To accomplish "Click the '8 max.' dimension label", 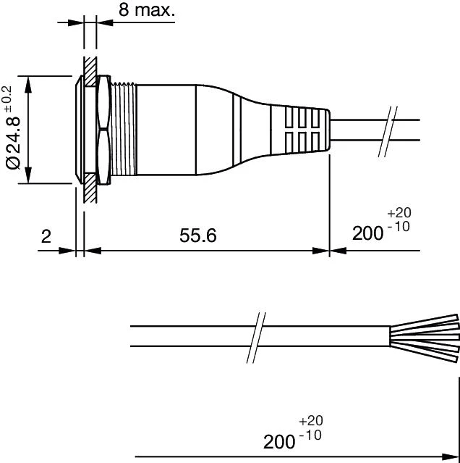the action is point(147,9).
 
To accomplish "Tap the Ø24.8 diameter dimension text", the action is point(13,143).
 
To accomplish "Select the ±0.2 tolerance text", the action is point(7,99).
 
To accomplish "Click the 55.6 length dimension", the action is point(198,235).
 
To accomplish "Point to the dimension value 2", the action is point(46,236).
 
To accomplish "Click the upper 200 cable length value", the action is point(367,233).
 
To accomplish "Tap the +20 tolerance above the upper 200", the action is point(399,212).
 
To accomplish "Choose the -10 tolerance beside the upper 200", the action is point(398,227).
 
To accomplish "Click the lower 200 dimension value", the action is point(279,442).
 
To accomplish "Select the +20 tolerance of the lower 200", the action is point(311,420).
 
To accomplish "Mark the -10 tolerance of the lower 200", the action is point(310,435).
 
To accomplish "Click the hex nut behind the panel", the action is point(103,130).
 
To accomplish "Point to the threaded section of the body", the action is point(124,130).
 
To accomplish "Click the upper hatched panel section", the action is point(90,72).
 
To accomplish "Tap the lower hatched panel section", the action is point(90,188).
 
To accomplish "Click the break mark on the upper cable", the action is point(388,131).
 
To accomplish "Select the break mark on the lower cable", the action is point(256,338).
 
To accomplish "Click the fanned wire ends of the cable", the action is point(425,338).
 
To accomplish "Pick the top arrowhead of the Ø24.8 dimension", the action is point(28,84).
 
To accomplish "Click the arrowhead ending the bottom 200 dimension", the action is point(451,456).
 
